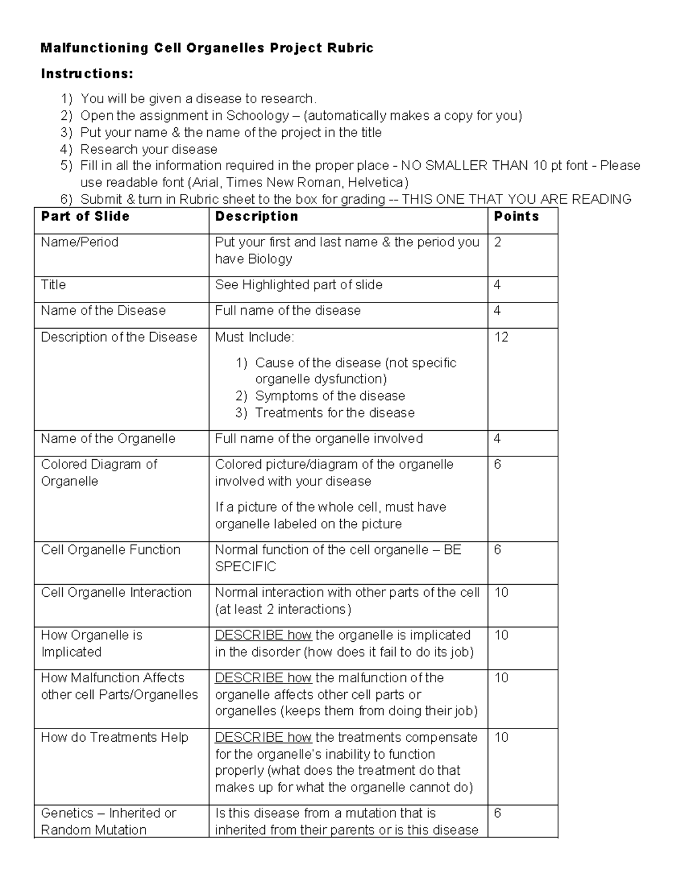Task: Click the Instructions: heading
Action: tap(87, 74)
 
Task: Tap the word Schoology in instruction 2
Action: tap(257, 115)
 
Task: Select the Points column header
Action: tap(516, 216)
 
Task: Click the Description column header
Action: tap(256, 216)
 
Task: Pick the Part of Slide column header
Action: tap(85, 216)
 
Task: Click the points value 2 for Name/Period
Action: tap(498, 242)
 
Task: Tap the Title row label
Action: tap(54, 285)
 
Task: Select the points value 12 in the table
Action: tap(501, 337)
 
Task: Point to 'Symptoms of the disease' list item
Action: tap(330, 395)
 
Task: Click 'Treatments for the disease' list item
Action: tap(335, 412)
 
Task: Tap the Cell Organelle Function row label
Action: tap(111, 549)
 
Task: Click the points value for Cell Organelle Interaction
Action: tap(501, 592)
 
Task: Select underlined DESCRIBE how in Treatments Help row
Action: tap(263, 737)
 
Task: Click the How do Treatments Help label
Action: tap(114, 737)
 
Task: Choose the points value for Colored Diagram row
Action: tap(498, 464)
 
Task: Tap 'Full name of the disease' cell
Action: tap(288, 310)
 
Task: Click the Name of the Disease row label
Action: tap(103, 310)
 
